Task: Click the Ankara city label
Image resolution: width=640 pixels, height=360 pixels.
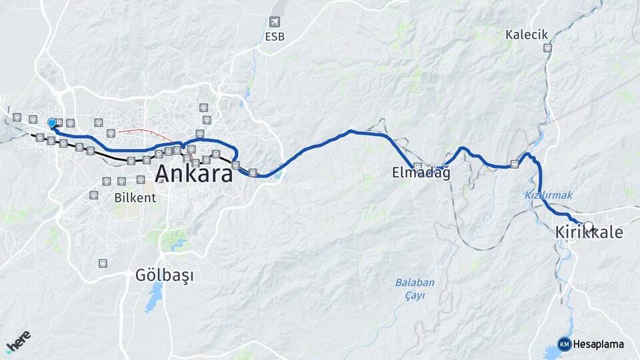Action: click(194, 175)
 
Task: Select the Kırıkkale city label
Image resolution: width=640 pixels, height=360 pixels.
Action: click(589, 233)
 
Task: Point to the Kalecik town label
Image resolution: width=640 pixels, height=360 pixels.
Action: click(527, 35)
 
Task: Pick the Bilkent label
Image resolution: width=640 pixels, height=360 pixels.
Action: click(135, 198)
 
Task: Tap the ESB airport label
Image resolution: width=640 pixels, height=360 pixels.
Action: click(274, 37)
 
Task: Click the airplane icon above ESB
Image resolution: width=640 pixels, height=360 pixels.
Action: click(274, 23)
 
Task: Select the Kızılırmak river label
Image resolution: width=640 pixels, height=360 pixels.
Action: click(543, 195)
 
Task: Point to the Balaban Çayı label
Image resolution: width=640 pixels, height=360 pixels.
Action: click(415, 289)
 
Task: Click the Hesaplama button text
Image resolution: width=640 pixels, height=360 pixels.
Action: click(599, 345)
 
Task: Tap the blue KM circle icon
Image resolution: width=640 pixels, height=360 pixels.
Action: click(565, 344)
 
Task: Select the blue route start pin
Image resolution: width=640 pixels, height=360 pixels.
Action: click(52, 123)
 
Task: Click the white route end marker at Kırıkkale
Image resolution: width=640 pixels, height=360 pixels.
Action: click(588, 225)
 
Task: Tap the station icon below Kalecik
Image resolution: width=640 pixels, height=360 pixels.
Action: click(547, 48)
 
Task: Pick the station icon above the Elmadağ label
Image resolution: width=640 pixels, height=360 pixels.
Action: click(417, 166)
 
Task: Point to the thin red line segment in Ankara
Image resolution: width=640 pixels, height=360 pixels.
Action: click(147, 132)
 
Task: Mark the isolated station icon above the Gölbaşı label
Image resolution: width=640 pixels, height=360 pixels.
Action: click(102, 263)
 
